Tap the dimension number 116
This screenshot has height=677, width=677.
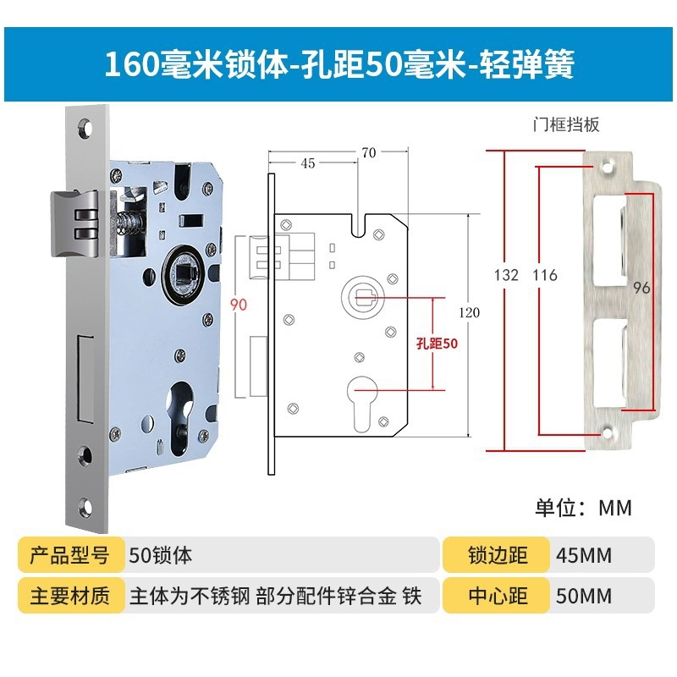545,275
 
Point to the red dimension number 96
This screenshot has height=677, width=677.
641,288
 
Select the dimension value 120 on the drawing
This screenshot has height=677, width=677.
468,312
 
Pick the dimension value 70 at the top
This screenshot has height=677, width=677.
367,152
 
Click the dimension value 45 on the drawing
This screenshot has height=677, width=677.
307,163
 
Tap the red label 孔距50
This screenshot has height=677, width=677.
437,344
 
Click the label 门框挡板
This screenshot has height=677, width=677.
566,125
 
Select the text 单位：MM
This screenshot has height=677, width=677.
583,508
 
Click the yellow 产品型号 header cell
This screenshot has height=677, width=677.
70,556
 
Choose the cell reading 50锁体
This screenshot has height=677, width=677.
162,556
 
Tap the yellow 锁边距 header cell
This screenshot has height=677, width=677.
498,556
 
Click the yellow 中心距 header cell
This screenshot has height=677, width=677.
498,596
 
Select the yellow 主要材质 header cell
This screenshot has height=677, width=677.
70,596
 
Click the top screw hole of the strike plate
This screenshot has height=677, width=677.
608,161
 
